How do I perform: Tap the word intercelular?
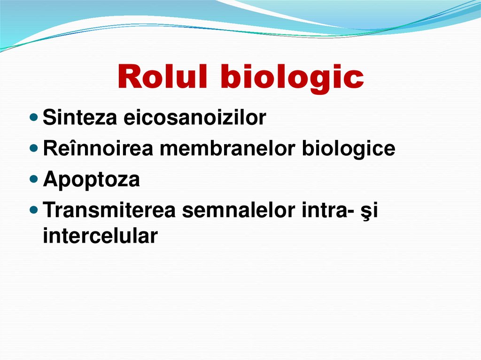pyautogui.click(x=99, y=236)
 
